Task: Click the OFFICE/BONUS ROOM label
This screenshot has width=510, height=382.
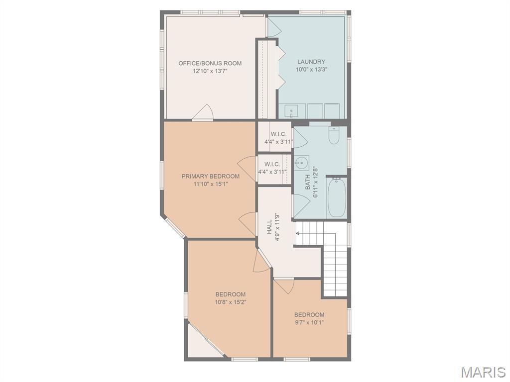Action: pyautogui.click(x=210, y=63)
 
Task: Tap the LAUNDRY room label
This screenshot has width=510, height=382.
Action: pyautogui.click(x=311, y=62)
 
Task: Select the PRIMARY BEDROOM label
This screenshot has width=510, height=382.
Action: pyautogui.click(x=211, y=177)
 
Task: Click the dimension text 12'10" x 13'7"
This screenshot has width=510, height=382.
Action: pyautogui.click(x=210, y=71)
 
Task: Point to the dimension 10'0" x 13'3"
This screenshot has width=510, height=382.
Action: pyautogui.click(x=311, y=69)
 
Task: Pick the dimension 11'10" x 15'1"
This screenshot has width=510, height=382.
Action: pyautogui.click(x=211, y=184)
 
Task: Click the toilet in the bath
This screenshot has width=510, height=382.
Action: pyautogui.click(x=334, y=135)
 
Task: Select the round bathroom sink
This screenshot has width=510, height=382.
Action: pyautogui.click(x=301, y=163)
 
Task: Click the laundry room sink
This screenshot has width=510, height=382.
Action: pyautogui.click(x=291, y=111)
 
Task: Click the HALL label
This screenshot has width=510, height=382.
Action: pyautogui.click(x=269, y=227)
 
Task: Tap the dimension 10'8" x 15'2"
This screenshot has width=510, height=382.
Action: pyautogui.click(x=230, y=302)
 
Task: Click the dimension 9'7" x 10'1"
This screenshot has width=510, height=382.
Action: pyautogui.click(x=309, y=322)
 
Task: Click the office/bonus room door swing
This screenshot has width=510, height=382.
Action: pyautogui.click(x=203, y=112)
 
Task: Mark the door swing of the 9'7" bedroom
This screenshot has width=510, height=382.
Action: pyautogui.click(x=284, y=286)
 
